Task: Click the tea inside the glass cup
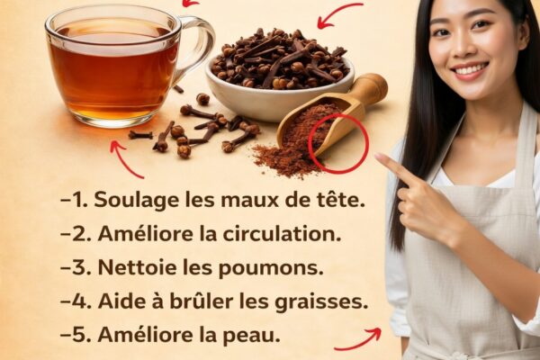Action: click(x=113, y=69)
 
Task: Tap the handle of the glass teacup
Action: click(x=203, y=45)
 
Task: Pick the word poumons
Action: click(x=271, y=269)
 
